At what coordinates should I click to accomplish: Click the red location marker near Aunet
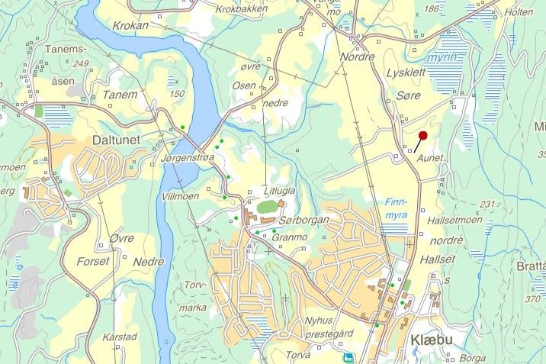click(x=422, y=135)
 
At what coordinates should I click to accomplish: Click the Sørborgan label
click(x=304, y=220)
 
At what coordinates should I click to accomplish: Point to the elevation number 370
click(x=535, y=299)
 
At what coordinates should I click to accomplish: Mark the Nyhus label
click(x=319, y=320)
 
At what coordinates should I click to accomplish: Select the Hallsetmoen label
click(x=455, y=220)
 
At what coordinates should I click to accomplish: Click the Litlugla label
click(x=278, y=191)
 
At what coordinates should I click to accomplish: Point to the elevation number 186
click(x=432, y=9)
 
